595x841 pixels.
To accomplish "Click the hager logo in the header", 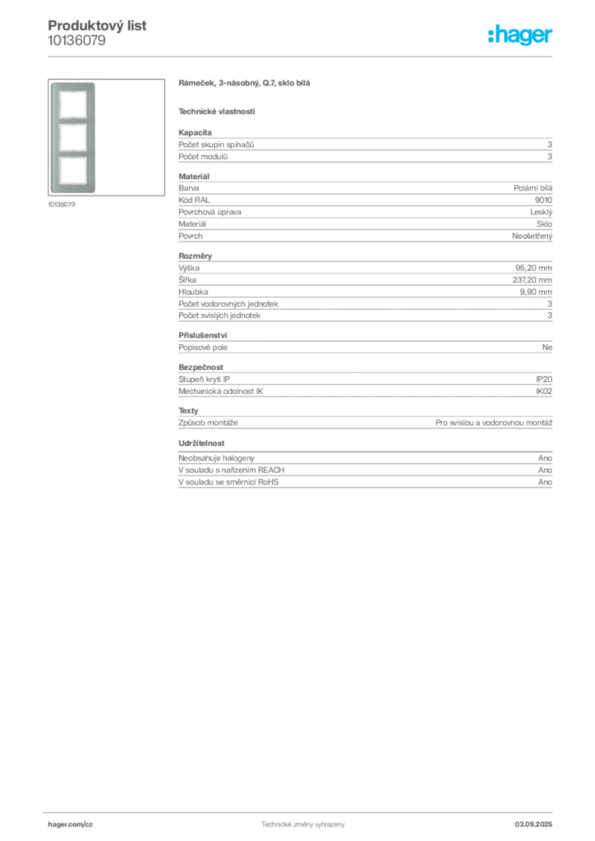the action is point(520,34).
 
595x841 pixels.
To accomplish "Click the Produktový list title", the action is point(97,25).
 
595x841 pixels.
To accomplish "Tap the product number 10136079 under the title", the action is point(76,41).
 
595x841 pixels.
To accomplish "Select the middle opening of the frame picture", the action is point(73,137).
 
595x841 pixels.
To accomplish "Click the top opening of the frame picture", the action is point(73,104).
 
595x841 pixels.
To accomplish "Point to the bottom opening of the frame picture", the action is point(73,171).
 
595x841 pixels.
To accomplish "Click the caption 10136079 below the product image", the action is point(62,205).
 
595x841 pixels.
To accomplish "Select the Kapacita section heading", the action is point(196,132).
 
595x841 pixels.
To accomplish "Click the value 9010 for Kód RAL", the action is point(543,200).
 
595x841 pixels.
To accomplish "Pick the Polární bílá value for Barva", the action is point(533,188).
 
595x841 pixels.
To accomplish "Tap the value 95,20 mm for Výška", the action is point(534,268).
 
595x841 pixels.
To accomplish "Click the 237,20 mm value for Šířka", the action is point(533,280).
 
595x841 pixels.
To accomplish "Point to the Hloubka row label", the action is point(193,292).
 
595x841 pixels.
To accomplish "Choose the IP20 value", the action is point(544,379).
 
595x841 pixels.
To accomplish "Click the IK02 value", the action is point(544,392).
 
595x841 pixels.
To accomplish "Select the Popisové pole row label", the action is point(203,347).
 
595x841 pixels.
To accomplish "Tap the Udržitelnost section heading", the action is point(201,443).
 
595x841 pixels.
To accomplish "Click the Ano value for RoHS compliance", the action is point(545,482).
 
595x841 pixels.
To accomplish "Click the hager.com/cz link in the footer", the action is point(71,825).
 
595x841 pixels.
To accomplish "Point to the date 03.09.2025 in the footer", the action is point(533,825).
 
